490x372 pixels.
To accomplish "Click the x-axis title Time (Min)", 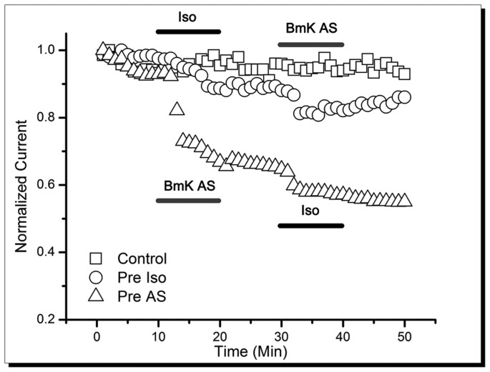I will [250, 351].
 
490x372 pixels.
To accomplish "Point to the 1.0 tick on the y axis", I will [52, 51].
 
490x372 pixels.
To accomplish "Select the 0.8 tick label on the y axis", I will [52, 118].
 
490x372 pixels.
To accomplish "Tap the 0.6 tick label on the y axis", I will [52, 185].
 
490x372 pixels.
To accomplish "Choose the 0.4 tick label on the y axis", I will [52, 252].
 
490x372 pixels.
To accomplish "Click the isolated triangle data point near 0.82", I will [177, 109].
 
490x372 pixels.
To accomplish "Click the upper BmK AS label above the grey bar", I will [308, 29].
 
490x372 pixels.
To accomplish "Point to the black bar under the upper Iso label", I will [188, 31].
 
